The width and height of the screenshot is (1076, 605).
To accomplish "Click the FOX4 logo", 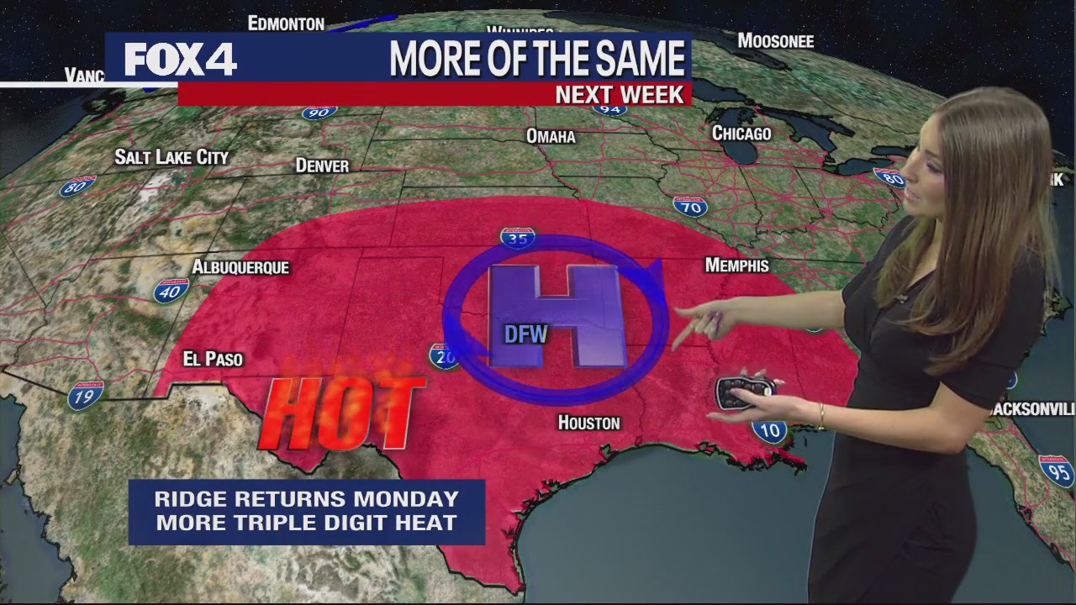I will (181, 60).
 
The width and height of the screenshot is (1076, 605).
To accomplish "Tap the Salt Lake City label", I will (171, 157).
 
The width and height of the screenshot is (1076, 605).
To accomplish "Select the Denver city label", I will (322, 166).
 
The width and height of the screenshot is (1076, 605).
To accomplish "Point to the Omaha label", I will (551, 136).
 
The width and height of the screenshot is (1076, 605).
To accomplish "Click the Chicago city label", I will (741, 133).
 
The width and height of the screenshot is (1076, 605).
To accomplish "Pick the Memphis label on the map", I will (736, 266).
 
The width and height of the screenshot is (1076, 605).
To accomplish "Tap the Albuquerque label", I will (240, 267).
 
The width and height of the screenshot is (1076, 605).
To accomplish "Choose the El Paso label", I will (213, 359).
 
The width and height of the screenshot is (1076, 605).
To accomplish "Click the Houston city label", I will (588, 423).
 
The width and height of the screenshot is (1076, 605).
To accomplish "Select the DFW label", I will (525, 334).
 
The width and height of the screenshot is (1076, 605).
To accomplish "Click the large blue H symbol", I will (557, 316).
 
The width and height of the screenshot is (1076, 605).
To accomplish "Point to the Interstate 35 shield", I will (518, 238).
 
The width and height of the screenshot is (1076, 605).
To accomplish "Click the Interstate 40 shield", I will (171, 291).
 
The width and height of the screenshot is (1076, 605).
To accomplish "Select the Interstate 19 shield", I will (86, 395).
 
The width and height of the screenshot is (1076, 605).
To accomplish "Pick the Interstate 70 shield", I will (689, 206).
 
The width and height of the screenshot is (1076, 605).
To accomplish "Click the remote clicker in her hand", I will (744, 392).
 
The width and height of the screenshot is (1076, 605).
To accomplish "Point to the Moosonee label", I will (775, 40).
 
